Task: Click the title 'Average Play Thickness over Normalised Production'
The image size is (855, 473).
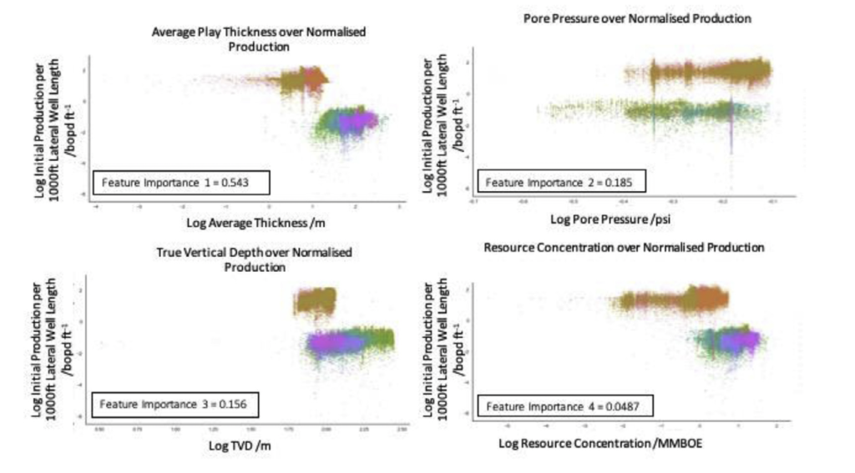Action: (259, 39)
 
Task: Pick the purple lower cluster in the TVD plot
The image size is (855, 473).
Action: (334, 343)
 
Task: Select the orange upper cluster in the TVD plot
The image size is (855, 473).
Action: (316, 301)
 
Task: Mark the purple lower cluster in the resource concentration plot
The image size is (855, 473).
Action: (735, 340)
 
